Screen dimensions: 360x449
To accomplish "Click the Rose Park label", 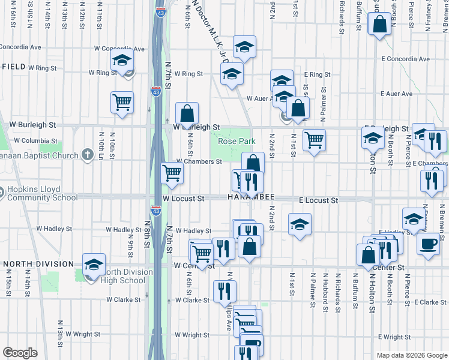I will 237,142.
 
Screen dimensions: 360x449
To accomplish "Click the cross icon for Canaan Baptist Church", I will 88,155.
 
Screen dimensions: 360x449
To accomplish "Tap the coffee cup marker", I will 428,244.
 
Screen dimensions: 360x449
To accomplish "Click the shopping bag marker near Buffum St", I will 380,25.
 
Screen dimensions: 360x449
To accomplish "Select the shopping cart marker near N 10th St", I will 122,102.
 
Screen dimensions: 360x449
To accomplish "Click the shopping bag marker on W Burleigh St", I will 187,112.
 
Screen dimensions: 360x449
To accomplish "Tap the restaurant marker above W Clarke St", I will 226,291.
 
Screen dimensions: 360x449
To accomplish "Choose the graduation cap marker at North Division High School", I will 94,264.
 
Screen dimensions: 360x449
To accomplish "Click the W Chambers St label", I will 199,161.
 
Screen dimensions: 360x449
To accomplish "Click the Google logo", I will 20,353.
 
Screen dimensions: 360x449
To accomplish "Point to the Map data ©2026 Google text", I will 411,355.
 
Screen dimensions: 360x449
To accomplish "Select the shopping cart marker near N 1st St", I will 314,141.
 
